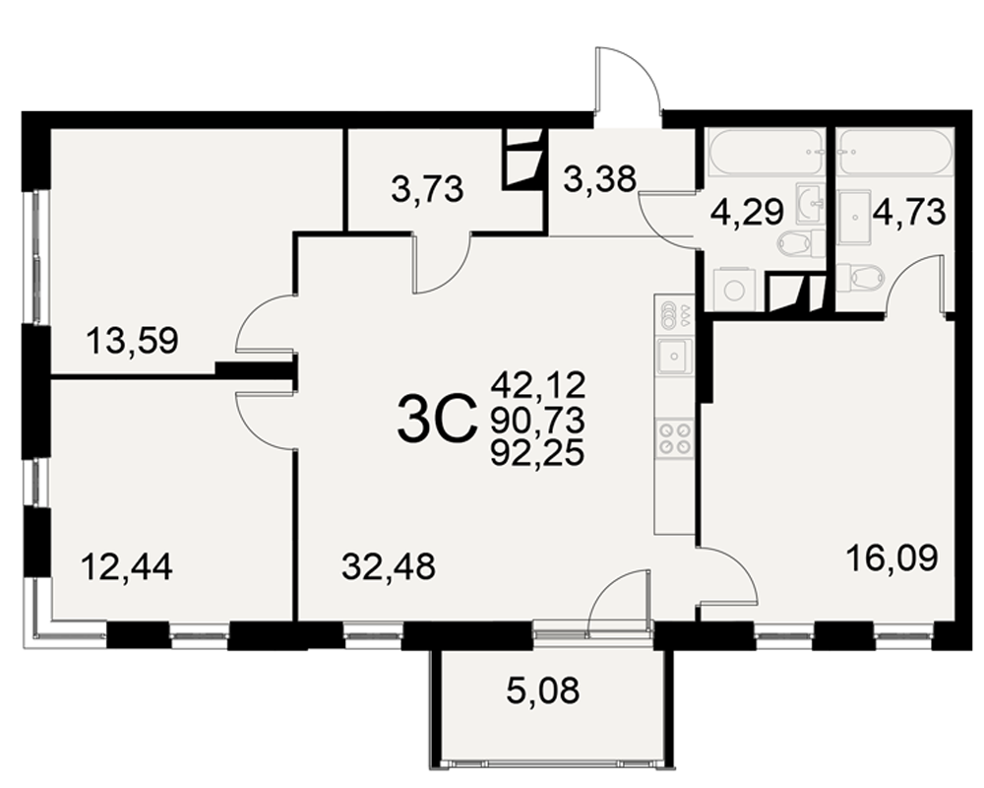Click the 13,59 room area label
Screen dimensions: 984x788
pos(133,341)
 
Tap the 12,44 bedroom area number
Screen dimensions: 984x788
pos(127,565)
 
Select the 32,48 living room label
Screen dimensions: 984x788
pos(389,566)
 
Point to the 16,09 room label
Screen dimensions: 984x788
pos(892,557)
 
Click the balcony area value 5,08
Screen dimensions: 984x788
pos(543,689)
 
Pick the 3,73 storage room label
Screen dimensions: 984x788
pos(427,188)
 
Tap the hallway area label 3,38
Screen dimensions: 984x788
pos(600,178)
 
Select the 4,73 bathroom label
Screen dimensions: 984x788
pos(908,212)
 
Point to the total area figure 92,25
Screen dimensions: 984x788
pos(537,452)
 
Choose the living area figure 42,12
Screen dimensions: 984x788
pos(538,384)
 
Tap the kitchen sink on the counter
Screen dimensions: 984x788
pos(675,356)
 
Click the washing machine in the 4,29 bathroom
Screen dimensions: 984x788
pos(734,290)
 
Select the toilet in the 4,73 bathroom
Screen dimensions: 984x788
pos(860,276)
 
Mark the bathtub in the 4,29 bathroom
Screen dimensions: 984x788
pos(766,152)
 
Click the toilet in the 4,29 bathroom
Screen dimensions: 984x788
pos(801,243)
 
